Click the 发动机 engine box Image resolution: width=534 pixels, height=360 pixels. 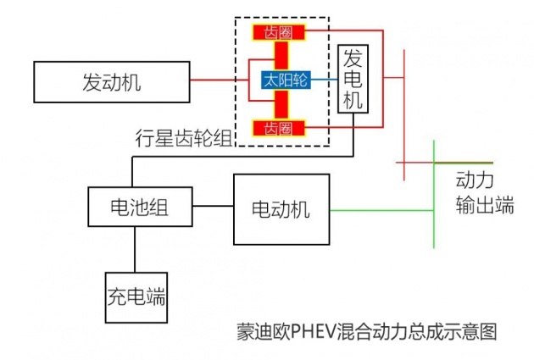pos(112,81)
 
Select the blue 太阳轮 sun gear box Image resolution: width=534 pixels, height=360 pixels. pos(284,80)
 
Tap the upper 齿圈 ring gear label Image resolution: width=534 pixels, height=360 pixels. pos(278,32)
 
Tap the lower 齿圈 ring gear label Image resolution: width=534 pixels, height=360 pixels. pos(278,129)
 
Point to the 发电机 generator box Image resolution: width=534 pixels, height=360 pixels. pos(353,79)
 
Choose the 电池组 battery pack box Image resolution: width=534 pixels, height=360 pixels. pos(139,207)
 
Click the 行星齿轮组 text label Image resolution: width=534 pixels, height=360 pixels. pos(183,137)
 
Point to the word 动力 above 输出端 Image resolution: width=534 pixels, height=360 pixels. pos(474,180)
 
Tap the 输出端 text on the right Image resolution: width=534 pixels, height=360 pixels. pos(484,206)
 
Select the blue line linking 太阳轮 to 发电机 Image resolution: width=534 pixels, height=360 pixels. pos(324,80)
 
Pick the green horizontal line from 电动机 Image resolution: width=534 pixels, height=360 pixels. pos(381,209)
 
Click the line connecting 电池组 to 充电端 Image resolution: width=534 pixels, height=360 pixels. pos(134,249)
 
